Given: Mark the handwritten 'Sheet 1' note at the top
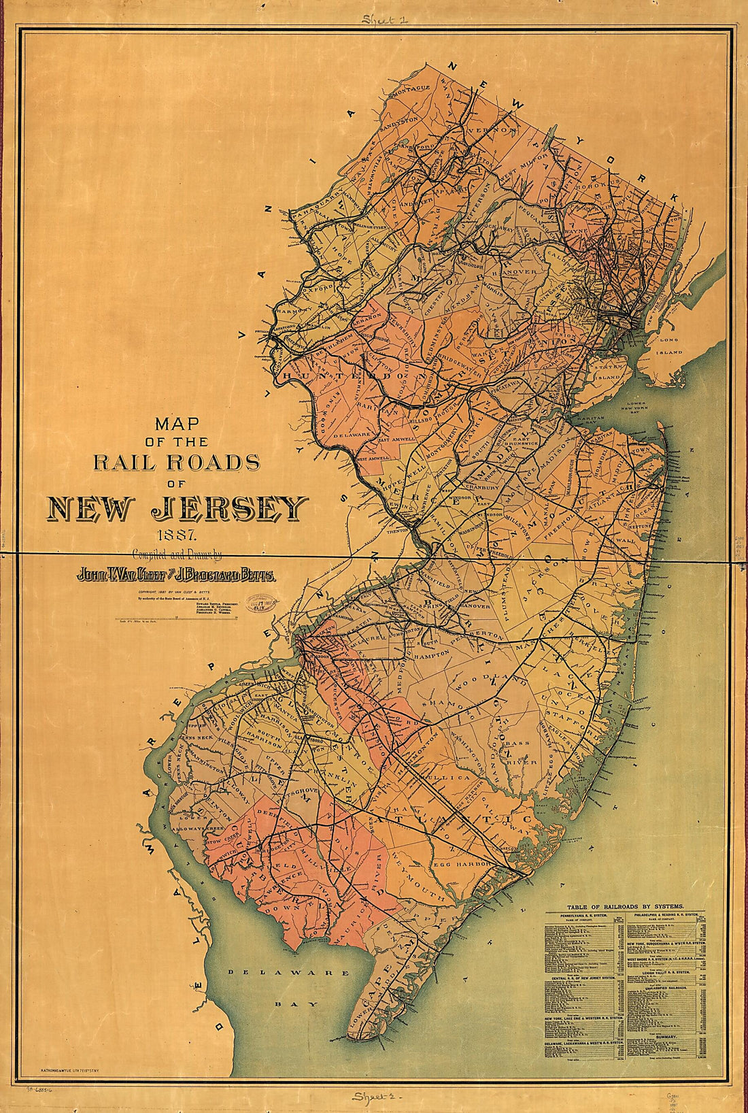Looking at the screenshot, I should (385, 20).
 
